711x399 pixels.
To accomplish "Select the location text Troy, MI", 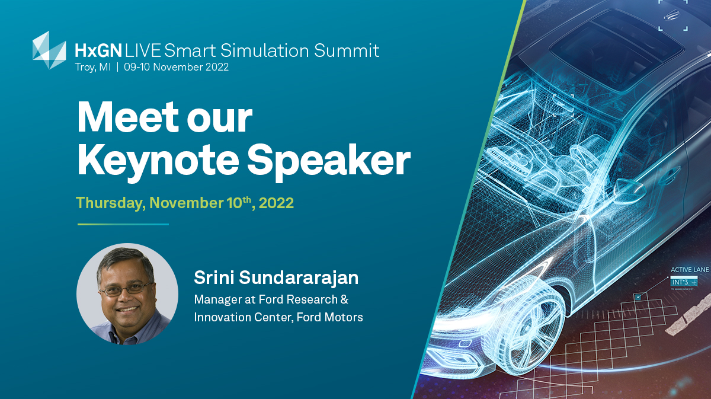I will point(92,67).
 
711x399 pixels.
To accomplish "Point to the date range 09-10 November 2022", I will point(176,67).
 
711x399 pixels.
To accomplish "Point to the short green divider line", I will point(123,224).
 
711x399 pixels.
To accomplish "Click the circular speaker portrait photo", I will point(127,294).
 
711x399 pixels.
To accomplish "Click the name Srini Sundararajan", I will point(276,277).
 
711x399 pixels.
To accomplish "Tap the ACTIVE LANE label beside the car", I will point(690,270).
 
